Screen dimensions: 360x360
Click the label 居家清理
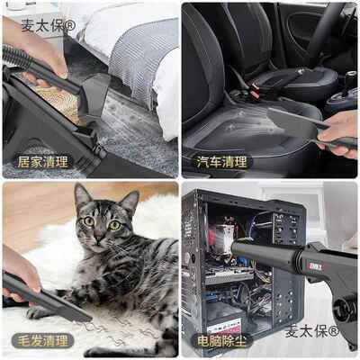(x=43, y=163)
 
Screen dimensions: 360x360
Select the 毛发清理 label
(x=43, y=341)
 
